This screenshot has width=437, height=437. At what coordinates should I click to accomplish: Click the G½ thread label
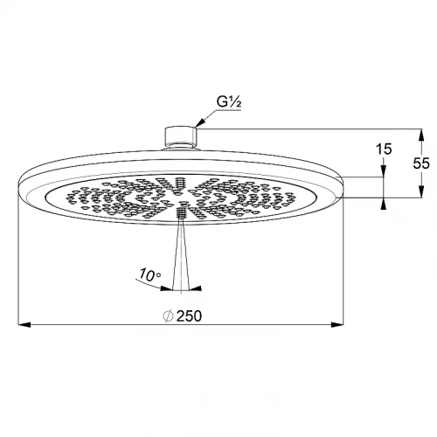229,102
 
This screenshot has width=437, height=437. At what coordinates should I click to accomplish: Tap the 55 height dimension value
421,163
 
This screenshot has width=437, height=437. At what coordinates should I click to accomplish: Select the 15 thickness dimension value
384,149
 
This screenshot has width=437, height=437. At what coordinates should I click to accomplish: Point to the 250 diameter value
189,316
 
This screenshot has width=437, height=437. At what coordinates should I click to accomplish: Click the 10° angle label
149,275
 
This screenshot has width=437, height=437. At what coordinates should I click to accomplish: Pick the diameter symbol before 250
169,316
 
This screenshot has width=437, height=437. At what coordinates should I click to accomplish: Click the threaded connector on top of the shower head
181,137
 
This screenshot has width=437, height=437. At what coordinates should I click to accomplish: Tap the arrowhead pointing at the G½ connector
201,123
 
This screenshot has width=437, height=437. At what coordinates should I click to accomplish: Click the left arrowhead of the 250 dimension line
24,324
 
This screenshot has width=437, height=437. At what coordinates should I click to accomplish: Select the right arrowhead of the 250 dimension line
337,324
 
